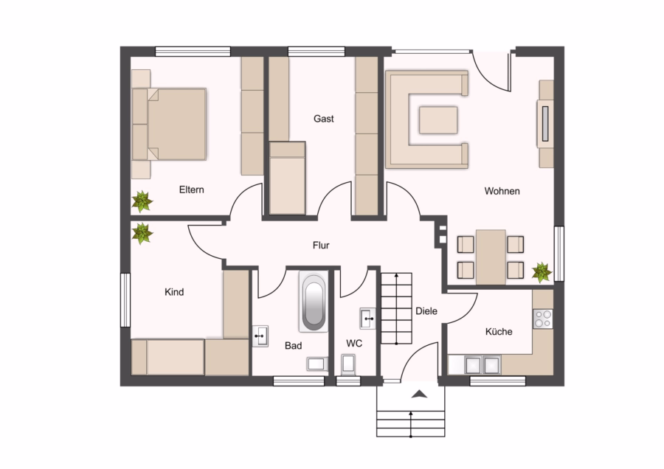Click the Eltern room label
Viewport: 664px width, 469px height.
191,190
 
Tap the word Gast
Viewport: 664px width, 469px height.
324,119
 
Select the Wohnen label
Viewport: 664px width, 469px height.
502,191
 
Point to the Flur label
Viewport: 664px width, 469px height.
321,245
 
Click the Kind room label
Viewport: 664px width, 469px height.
174,291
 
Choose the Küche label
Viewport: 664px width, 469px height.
499,331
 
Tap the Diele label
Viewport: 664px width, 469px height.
426,311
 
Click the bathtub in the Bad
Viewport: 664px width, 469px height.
314,302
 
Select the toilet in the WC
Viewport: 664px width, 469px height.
348,364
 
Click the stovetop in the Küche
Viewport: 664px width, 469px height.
542,319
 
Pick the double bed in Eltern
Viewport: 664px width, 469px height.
170,124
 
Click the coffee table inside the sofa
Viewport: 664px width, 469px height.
438,120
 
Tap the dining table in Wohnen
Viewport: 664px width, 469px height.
491,257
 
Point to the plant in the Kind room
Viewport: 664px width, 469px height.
142,233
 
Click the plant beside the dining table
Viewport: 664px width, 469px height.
542,272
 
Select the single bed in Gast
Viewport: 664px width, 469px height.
288,178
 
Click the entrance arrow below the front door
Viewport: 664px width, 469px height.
419,395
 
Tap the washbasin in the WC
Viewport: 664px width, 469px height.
367,319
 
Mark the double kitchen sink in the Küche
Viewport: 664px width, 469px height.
483,364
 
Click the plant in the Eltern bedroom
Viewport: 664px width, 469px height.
142,201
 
